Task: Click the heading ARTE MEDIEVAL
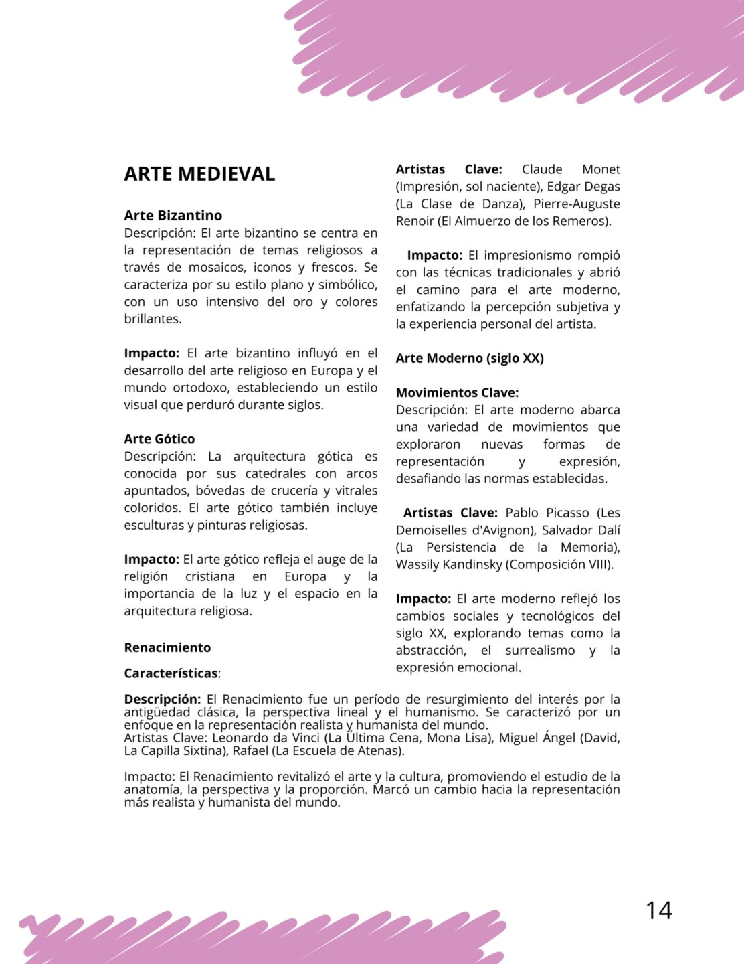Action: coord(199,174)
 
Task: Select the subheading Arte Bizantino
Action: coord(173,216)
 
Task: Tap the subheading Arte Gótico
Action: coord(159,439)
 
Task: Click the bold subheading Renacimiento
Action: coord(167,647)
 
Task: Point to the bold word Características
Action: coord(171,673)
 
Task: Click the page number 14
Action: coord(658,910)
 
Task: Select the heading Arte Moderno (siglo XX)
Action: coord(470,358)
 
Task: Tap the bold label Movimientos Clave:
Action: coord(457,393)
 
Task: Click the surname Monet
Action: coord(601,169)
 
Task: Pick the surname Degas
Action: coord(601,187)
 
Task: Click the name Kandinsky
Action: coord(470,564)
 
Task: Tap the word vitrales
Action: coord(356,491)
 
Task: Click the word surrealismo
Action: coord(540,650)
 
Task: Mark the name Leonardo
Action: coord(240,738)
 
